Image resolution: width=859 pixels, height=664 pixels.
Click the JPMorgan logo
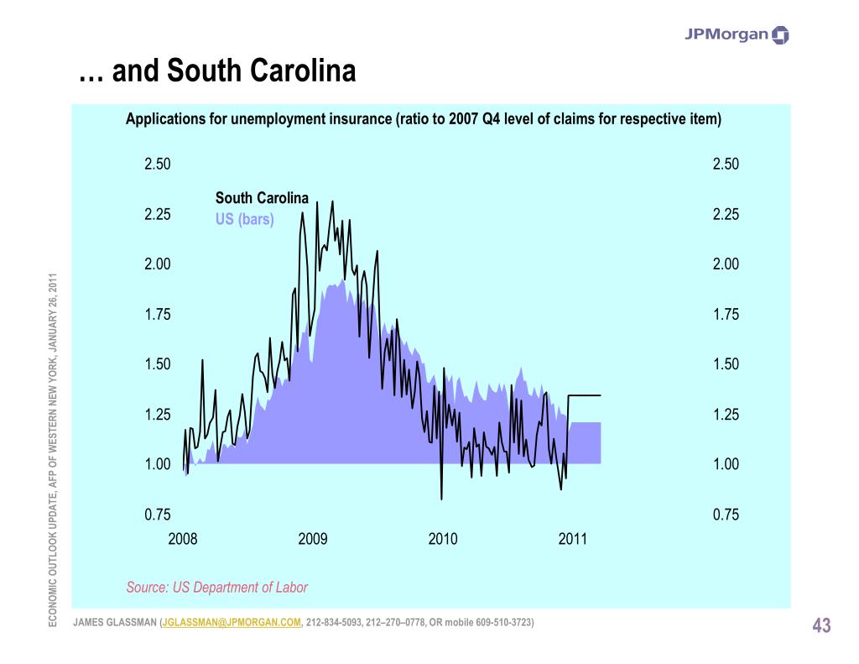[737, 34]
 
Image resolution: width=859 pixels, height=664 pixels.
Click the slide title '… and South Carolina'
[217, 72]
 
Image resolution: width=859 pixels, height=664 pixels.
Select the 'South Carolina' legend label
[262, 198]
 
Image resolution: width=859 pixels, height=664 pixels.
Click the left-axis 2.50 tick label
[158, 165]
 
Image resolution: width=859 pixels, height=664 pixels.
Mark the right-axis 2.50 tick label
[726, 165]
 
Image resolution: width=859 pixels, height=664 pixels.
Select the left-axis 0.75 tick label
[158, 515]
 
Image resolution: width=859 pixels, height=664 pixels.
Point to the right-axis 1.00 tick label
[726, 464]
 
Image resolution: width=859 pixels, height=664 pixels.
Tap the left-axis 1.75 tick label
[158, 315]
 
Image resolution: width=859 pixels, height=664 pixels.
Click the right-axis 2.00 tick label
[726, 264]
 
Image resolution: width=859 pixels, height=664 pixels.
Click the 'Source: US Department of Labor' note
[217, 588]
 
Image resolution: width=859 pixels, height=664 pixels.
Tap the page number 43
[821, 625]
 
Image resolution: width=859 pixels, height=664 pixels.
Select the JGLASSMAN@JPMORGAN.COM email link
[232, 622]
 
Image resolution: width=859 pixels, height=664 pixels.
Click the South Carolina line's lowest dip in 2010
[441, 499]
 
